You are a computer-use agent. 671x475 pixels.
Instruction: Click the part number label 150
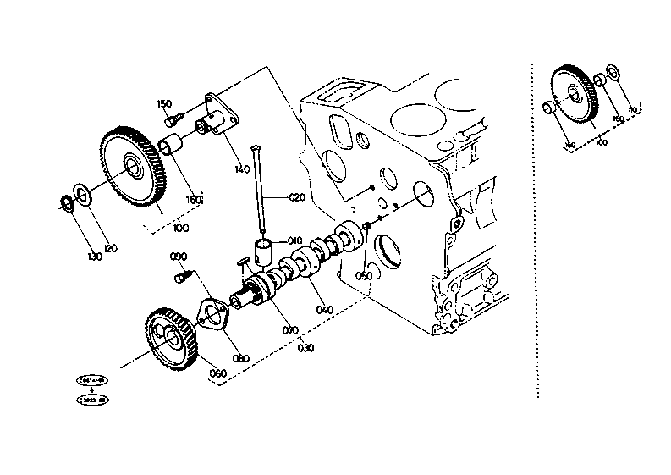(164, 104)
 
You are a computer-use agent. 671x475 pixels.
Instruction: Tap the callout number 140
(242, 168)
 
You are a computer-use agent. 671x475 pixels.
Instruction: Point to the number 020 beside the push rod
(295, 197)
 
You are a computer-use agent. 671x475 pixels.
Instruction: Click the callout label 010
(294, 240)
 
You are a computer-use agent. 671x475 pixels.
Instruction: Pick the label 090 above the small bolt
(179, 257)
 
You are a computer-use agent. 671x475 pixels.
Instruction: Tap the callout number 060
(217, 373)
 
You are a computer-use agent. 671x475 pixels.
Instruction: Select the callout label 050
(364, 276)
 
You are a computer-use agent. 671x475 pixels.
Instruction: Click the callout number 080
(240, 358)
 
